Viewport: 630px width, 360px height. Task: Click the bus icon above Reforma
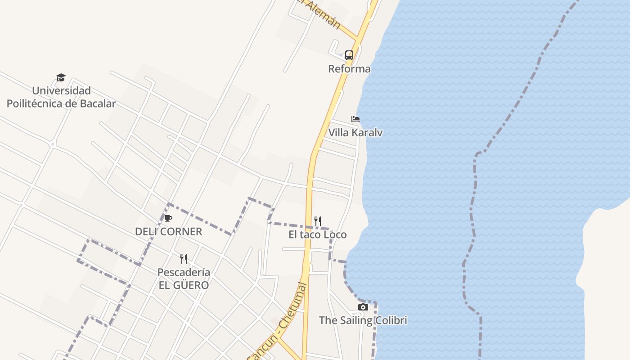349,55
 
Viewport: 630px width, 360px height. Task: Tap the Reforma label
349,69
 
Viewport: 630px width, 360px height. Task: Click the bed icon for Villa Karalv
355,119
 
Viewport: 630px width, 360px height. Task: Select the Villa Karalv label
355,133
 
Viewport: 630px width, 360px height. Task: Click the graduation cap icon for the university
61,78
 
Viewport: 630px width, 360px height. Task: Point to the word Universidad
61,90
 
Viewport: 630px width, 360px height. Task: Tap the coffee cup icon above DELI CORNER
168,219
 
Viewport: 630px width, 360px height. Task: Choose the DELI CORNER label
168,232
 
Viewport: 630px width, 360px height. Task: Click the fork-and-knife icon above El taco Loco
317,221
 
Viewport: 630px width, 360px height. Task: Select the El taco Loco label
317,234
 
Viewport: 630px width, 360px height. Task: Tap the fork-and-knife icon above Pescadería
183,259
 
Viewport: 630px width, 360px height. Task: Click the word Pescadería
184,272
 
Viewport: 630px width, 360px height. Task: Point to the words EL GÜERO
184,285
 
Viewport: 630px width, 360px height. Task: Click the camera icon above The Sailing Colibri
363,307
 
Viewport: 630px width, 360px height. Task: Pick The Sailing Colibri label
363,320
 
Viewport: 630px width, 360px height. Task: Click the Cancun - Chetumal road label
277,321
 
